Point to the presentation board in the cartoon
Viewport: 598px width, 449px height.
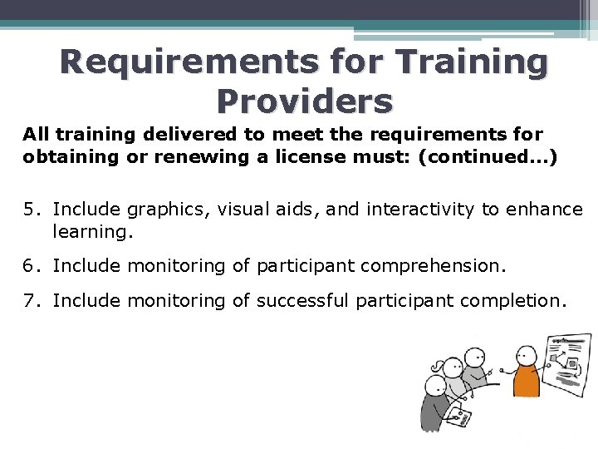pyautogui.click(x=568, y=362)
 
